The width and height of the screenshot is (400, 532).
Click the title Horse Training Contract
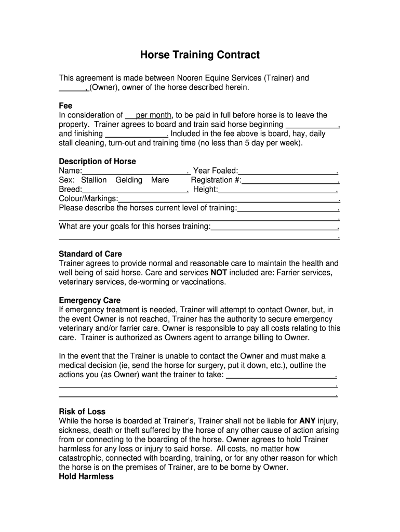(x=200, y=55)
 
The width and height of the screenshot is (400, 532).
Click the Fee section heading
(x=65, y=105)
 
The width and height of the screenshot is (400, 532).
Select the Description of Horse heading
(x=97, y=162)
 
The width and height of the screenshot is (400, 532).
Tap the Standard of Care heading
(x=90, y=254)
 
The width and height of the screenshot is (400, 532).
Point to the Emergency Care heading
(x=89, y=300)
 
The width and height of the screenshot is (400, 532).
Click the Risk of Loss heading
(x=82, y=411)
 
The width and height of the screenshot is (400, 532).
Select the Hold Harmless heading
(x=86, y=476)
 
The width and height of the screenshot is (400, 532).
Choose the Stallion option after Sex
(x=94, y=180)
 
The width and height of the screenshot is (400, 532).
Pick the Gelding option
(x=129, y=180)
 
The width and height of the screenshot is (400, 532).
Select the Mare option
(x=160, y=180)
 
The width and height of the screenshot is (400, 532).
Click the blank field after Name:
(x=135, y=171)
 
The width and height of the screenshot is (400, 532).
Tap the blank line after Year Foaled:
(x=287, y=171)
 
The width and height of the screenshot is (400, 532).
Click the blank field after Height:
(x=277, y=190)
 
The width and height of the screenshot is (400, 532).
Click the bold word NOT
(x=219, y=272)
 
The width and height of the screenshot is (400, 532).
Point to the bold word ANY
(x=308, y=421)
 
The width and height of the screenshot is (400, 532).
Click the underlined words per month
(x=154, y=115)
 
